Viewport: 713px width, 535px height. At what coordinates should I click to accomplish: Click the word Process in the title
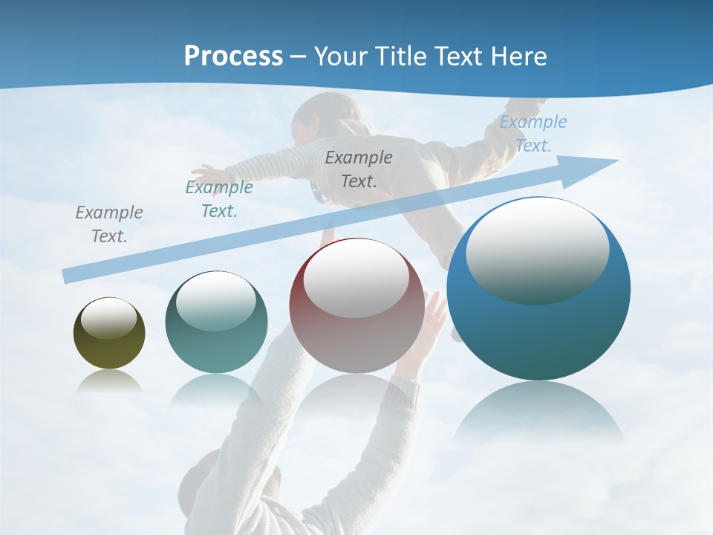(x=233, y=56)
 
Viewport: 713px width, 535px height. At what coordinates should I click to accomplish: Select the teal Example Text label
(x=219, y=199)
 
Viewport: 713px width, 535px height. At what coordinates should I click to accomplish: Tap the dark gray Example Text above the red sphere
(x=359, y=169)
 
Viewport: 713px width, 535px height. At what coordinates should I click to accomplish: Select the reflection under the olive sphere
(x=109, y=380)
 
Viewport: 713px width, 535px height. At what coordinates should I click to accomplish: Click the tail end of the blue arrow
(x=67, y=276)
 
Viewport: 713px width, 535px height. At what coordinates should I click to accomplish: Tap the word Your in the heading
(x=342, y=56)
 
